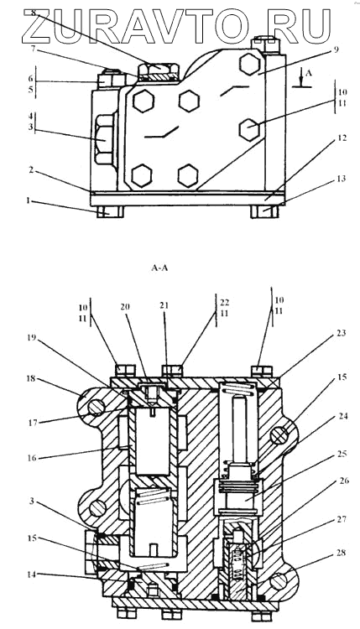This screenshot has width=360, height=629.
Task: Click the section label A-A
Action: pyautogui.click(x=159, y=268)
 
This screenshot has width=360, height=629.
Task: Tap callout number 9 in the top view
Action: pyautogui.click(x=336, y=49)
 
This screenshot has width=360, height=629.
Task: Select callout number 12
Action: pyautogui.click(x=342, y=138)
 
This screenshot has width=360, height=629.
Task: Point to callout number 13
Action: pyautogui.click(x=342, y=179)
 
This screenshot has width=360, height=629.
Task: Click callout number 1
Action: pyautogui.click(x=28, y=200)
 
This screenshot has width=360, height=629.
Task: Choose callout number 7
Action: pyautogui.click(x=34, y=49)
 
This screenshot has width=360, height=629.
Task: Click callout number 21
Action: pyautogui.click(x=164, y=306)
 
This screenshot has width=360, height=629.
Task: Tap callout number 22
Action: pyautogui.click(x=225, y=303)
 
